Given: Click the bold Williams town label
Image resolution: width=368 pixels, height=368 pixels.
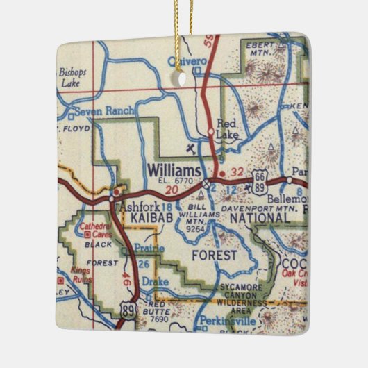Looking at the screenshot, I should [x=174, y=170].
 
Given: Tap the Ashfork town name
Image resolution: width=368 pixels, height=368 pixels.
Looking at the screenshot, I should [x=137, y=206].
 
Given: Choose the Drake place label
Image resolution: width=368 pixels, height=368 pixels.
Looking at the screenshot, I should [x=155, y=282].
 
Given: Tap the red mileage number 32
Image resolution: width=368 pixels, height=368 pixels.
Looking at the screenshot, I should [x=237, y=172].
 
